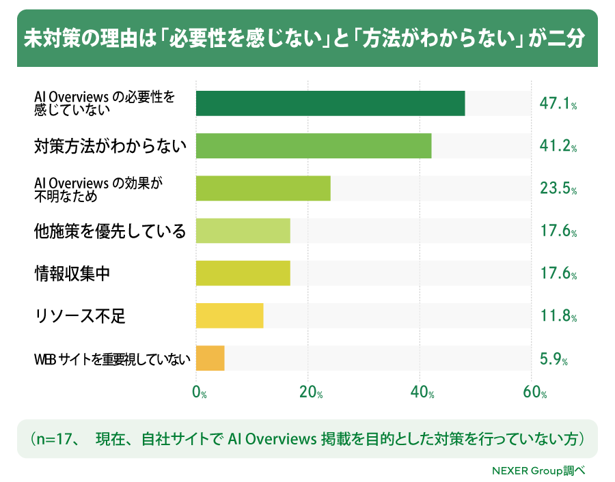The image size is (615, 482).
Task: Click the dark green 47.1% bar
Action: [330, 104]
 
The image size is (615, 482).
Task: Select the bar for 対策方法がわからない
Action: [314, 146]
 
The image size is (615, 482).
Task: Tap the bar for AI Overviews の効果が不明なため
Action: [263, 188]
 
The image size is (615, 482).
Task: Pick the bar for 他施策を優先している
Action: [243, 231]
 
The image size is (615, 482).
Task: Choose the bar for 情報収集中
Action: [243, 273]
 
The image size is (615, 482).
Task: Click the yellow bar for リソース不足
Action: [230, 315]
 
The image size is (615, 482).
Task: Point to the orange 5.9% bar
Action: [210, 358]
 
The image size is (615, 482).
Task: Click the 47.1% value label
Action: [558, 104]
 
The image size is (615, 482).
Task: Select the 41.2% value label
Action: [558, 146]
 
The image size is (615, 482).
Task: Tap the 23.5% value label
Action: [558, 188]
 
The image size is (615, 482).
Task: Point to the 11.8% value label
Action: [558, 315]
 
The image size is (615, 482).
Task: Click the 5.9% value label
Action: [553, 358]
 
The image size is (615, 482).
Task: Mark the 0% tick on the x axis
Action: [200, 392]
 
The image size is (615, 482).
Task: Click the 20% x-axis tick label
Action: [311, 392]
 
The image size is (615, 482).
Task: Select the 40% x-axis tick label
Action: [422, 392]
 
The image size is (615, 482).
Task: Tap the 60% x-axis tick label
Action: [534, 392]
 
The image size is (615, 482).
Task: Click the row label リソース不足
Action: [80, 316]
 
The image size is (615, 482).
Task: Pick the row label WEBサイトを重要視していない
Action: [112, 359]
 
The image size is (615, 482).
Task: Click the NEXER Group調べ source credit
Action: [538, 470]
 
